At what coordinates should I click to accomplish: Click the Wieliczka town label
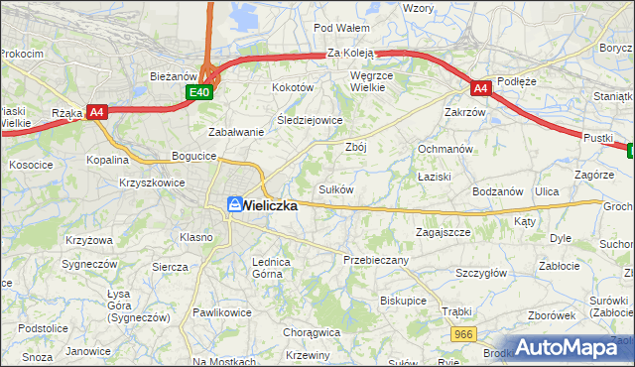[270, 205]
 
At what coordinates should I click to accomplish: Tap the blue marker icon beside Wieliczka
[234, 204]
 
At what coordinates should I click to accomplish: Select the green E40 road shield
[199, 92]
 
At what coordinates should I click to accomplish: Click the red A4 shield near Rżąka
[96, 112]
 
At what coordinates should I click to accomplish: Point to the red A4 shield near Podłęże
[480, 88]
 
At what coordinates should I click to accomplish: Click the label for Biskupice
[403, 299]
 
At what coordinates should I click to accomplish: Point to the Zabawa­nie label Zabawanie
[235, 132]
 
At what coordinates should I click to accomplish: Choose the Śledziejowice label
[310, 120]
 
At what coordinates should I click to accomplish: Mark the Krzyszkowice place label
[152, 183]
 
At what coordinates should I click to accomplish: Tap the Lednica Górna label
[270, 267]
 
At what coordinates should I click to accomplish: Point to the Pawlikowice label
[220, 311]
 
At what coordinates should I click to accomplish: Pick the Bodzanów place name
[498, 190]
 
